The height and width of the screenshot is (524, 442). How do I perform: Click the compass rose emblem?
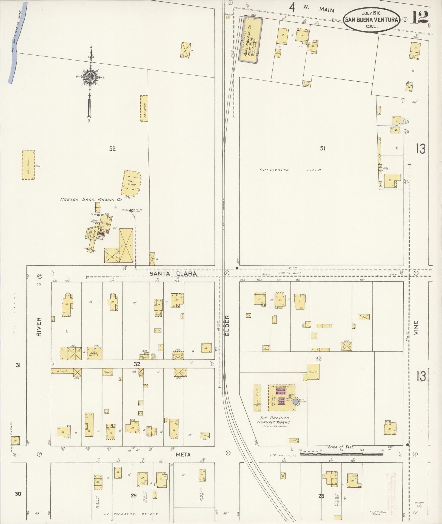point(90,76)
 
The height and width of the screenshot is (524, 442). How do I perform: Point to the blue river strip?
point(17,44)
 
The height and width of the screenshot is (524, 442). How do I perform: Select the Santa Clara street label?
point(173,273)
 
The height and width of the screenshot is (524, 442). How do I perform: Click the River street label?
point(39,327)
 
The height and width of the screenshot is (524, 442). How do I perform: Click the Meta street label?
point(183,454)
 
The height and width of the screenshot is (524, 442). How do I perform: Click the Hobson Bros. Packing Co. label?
point(91,200)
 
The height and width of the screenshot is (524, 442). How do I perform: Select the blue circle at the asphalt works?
point(296,402)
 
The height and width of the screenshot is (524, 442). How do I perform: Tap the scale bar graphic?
point(341,454)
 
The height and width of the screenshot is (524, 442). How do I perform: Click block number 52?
point(112,149)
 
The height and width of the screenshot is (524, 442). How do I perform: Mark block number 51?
point(322,148)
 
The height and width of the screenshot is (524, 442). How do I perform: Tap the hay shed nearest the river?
point(28,165)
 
